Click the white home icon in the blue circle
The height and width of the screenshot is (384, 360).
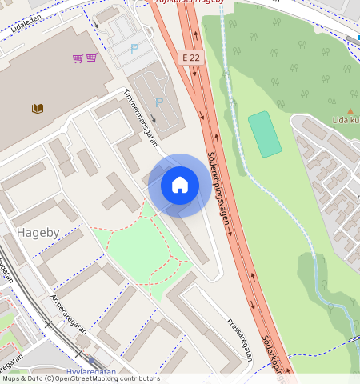pyautogui.click(x=180, y=185)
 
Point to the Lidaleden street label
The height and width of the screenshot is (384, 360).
pyautogui.click(x=25, y=17)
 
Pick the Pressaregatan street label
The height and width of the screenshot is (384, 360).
pyautogui.click(x=239, y=340)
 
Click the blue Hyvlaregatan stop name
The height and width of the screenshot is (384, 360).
pyautogui.click(x=92, y=372)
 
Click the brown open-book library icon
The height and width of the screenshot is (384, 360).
pyautogui.click(x=38, y=108)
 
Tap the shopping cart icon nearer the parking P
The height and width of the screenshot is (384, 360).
pyautogui.click(x=92, y=58)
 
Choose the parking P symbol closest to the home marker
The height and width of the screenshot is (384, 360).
pyautogui.click(x=158, y=102)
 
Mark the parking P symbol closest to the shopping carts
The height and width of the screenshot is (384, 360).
pyautogui.click(x=134, y=48)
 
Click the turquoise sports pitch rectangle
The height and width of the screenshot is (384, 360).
pyautogui.click(x=265, y=134)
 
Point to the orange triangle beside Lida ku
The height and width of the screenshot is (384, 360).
pyautogui.click(x=350, y=110)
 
